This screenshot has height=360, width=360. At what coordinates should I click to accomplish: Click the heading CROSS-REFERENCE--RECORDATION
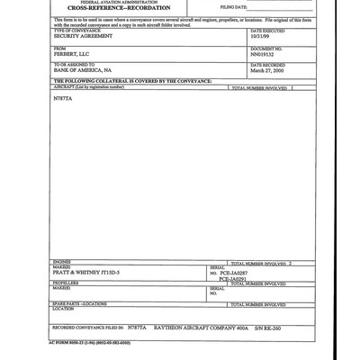pos(95,8)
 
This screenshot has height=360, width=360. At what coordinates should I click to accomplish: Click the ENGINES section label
pos(63,262)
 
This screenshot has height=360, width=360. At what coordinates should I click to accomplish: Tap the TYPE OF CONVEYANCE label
pos(76,31)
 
